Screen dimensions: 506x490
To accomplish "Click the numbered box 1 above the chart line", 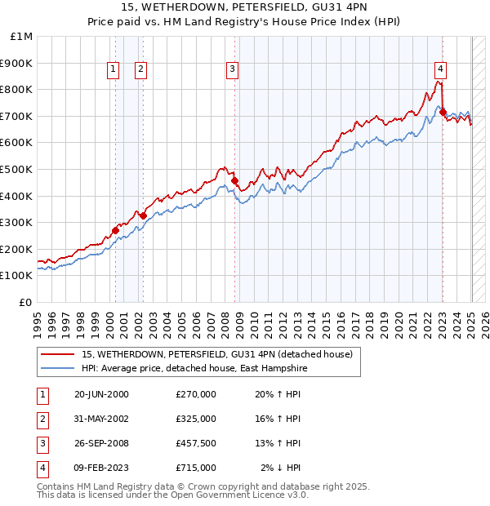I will [112, 69].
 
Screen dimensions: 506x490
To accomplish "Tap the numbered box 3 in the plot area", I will [232, 69].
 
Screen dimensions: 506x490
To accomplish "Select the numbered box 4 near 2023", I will [439, 69].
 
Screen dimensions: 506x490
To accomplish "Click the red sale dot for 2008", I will [235, 180].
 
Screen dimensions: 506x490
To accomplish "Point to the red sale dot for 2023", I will [443, 112].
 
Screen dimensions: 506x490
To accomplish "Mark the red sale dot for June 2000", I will [115, 230].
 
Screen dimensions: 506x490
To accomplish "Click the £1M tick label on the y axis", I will [22, 37].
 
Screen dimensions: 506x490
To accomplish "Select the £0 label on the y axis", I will [26, 302].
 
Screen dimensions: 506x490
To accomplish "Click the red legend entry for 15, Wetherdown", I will [217, 354].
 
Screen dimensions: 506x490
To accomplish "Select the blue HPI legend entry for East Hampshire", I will [192, 368].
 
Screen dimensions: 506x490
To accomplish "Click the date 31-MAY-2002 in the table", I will [101, 418].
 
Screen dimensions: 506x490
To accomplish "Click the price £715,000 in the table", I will [196, 468].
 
